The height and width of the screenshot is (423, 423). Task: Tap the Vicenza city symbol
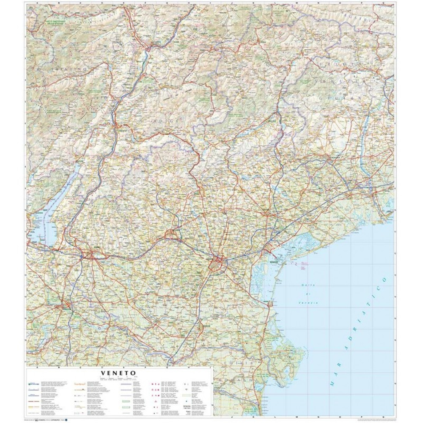(172, 233)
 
